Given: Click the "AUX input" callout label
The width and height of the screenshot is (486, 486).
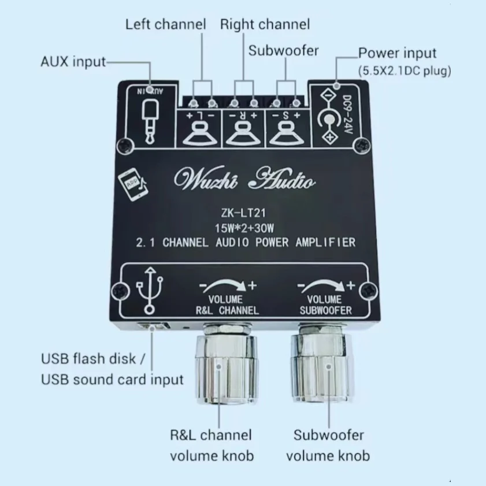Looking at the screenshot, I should click(x=73, y=61).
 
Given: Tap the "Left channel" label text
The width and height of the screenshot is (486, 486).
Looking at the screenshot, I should click(x=165, y=24).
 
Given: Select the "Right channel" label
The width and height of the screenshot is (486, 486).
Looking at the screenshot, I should click(x=265, y=24).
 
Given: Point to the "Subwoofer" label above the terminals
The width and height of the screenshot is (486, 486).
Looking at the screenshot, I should click(x=283, y=50).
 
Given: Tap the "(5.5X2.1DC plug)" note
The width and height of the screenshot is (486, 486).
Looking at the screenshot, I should click(x=405, y=71).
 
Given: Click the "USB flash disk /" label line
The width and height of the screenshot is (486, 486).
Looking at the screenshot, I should click(x=88, y=358).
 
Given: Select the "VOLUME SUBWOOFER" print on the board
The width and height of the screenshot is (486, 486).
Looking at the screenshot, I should click(x=325, y=305).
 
